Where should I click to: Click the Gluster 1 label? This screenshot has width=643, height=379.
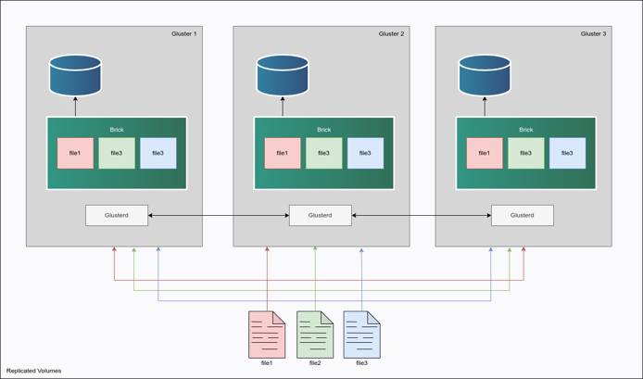(183, 33)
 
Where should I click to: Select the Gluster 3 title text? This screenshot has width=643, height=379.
(593, 33)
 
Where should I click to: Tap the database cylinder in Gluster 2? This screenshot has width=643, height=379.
(283, 77)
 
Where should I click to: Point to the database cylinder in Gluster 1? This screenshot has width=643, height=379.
(75, 76)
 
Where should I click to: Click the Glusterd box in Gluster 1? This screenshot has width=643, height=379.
(117, 215)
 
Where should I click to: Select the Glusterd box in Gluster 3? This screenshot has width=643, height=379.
(523, 215)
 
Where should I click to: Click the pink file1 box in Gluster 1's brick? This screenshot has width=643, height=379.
(75, 153)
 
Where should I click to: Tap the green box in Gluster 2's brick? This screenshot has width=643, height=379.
(324, 153)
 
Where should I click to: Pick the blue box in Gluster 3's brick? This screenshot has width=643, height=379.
(567, 153)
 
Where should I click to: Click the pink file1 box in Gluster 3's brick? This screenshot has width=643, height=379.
(485, 153)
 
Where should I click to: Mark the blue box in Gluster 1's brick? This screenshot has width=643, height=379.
(158, 153)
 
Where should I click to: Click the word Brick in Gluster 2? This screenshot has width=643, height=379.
(323, 130)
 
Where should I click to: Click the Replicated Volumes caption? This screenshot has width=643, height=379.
(33, 371)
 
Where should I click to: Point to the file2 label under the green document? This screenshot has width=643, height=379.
(314, 363)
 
